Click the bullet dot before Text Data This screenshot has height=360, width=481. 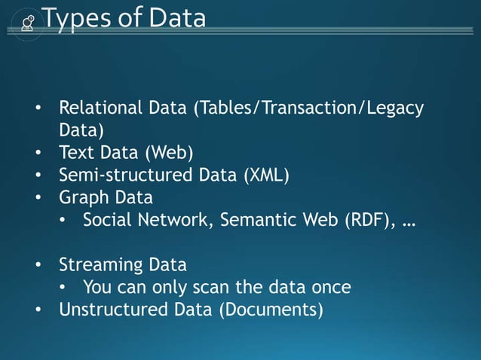coord(37,154)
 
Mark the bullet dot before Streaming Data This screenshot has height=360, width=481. coord(37,266)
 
